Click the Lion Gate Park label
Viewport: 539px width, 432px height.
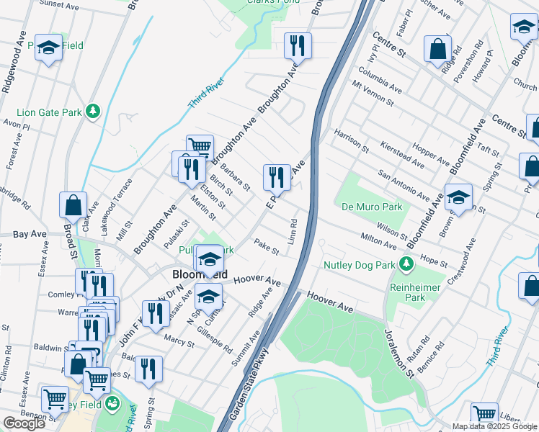pos(48,112)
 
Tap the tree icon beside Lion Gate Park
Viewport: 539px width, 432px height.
pos(92,112)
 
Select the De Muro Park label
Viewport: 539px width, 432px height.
pos(372,207)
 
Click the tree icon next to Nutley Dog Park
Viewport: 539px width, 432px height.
pos(407,264)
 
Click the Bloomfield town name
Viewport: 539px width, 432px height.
pos(200,275)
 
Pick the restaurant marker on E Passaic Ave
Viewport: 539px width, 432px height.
pos(277,177)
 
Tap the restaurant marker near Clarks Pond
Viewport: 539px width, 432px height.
pos(297,46)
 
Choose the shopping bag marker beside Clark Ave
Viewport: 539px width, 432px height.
pos(73,204)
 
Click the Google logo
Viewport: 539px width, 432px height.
pos(24,423)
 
